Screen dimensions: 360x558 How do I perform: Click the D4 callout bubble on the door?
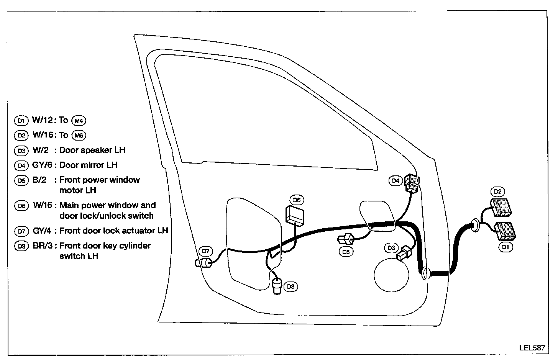pyautogui.click(x=396, y=180)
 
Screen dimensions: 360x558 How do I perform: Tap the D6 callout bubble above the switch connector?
pyautogui.click(x=296, y=200)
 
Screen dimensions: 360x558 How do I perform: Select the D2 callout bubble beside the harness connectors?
pyautogui.click(x=498, y=191)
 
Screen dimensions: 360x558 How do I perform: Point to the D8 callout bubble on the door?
pyautogui.click(x=291, y=286)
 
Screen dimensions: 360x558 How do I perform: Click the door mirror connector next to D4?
pyautogui.click(x=412, y=183)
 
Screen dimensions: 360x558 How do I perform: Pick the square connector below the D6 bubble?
pyautogui.click(x=294, y=215)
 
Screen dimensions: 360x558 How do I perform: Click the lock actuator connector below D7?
pyautogui.click(x=206, y=263)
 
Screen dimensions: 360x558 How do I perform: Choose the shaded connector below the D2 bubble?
pyautogui.click(x=502, y=206)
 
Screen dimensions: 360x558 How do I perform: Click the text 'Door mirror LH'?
pyautogui.click(x=88, y=165)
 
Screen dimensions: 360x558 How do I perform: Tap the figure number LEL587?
pyautogui.click(x=532, y=348)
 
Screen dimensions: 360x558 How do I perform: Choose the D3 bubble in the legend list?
pyautogui.click(x=21, y=151)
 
